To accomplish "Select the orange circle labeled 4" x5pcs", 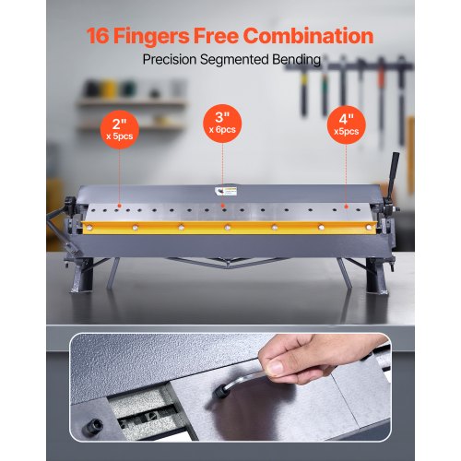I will (347, 124).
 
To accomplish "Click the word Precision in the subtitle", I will (175, 60).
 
